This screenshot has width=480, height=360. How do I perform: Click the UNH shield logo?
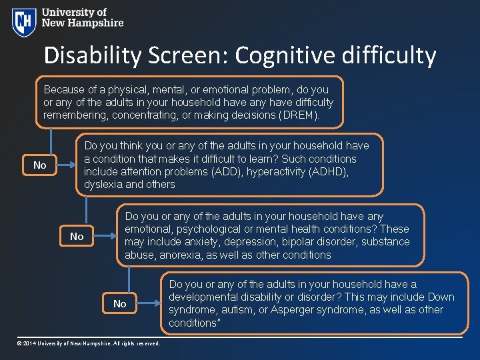(23, 21)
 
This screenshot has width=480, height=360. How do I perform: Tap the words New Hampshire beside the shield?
(83, 23)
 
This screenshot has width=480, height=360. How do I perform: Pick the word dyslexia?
(103, 185)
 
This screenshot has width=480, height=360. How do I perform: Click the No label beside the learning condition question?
(40, 165)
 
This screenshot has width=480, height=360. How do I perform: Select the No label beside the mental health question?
(77, 236)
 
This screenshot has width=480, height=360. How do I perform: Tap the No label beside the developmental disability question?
(119, 303)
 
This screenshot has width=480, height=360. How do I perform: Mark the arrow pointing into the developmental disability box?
(157, 303)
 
